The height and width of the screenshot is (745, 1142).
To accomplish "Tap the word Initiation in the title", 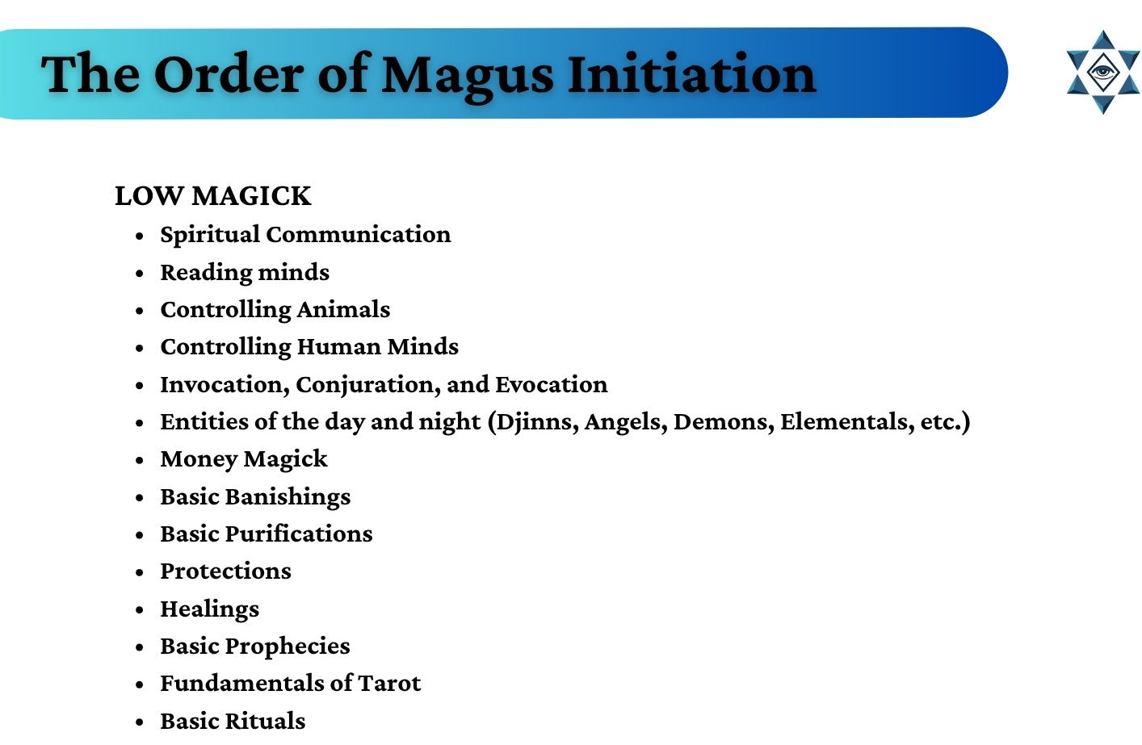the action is click(692, 74).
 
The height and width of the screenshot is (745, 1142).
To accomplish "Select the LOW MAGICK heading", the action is click(212, 195).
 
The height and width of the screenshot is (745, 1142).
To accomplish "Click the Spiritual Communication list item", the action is click(305, 235).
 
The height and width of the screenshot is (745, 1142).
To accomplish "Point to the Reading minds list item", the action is click(245, 273).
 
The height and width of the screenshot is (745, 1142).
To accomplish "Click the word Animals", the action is click(343, 309).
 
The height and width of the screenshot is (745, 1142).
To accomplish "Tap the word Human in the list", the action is click(338, 346).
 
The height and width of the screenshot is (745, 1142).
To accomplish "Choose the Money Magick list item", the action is click(244, 459).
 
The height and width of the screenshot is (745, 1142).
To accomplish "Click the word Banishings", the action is click(288, 497).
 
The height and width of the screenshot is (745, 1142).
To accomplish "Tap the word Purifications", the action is click(299, 534).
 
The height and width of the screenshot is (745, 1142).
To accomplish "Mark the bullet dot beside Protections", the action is click(140, 573).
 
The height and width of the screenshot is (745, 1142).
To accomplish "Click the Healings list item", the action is click(209, 609).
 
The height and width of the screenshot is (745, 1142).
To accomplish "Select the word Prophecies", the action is click(288, 647).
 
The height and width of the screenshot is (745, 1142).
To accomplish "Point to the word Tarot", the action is click(389, 684).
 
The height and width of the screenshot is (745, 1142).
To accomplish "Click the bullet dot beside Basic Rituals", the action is click(140, 722).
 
